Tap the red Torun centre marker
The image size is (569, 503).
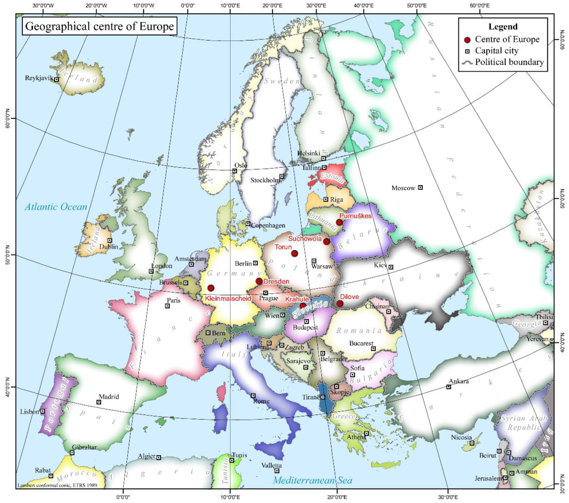click(295, 253)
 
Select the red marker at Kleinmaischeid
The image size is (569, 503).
click(211, 288)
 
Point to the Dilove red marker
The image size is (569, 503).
click(340, 304)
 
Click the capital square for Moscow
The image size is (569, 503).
click(421, 187)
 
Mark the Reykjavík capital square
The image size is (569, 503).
click(57, 79)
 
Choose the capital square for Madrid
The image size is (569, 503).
click(99, 402)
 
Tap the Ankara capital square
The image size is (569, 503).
click(448, 387)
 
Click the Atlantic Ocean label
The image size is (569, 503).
click(56, 207)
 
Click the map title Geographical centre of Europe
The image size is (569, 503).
click(99, 26)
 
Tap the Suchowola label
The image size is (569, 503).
click(305, 238)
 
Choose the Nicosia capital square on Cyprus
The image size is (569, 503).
click(472, 443)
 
